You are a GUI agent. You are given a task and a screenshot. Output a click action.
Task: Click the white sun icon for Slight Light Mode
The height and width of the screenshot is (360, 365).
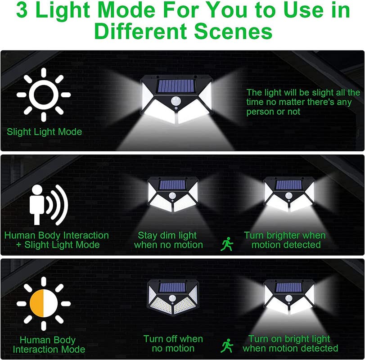click(44, 94)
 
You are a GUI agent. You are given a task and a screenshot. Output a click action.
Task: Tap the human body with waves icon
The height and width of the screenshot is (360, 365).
click(49, 203)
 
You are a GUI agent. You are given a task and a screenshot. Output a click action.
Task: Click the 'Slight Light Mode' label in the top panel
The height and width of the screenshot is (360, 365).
click(45, 132)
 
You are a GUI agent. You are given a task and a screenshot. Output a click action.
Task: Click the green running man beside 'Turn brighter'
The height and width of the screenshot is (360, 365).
click(227, 244)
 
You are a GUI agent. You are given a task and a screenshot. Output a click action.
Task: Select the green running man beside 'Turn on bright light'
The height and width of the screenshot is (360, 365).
click(227, 345)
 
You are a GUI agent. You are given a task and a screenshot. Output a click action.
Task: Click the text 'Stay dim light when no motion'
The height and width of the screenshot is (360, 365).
click(168, 240)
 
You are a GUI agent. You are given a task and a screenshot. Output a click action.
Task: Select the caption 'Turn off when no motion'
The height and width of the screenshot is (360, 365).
click(173, 344)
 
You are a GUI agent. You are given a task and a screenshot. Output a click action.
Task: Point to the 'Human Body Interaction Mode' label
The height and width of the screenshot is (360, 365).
click(49, 345)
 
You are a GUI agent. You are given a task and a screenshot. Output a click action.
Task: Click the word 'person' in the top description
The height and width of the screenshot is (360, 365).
click(260, 112)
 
